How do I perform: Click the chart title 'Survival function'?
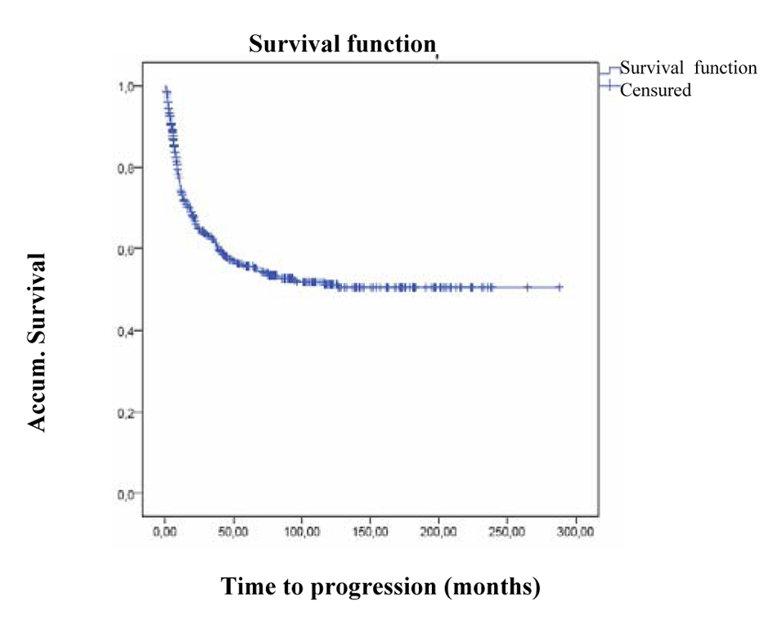click(341, 46)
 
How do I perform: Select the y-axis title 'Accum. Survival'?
click(36, 342)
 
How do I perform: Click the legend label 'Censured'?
click(655, 90)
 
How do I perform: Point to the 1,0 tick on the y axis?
click(124, 86)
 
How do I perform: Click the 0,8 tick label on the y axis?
click(124, 168)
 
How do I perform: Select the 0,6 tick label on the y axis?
click(124, 249)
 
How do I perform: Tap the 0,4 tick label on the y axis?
click(124, 330)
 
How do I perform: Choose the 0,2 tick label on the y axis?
click(124, 412)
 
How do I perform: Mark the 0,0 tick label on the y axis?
click(124, 494)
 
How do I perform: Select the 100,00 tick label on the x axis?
click(302, 532)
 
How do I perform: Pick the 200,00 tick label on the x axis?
click(439, 532)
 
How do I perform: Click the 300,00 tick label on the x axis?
click(576, 532)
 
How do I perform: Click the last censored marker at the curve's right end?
click(560, 287)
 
